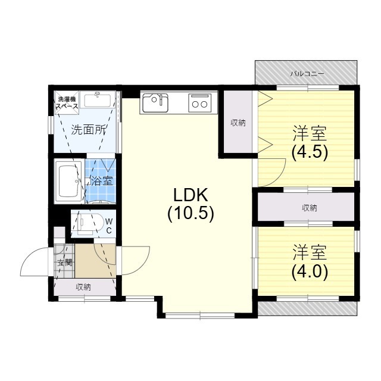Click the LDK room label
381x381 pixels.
[190, 195]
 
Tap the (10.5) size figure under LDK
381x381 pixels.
[190, 213]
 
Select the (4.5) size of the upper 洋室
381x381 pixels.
[310, 152]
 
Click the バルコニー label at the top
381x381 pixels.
[307, 74]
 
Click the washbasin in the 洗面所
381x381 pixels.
[96, 99]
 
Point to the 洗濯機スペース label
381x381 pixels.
[67, 102]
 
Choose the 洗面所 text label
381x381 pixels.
[88, 129]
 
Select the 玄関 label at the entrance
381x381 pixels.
[64, 261]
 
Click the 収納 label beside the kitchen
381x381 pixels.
[238, 123]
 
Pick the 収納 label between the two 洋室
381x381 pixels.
[309, 208]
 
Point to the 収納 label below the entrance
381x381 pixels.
[83, 287]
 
